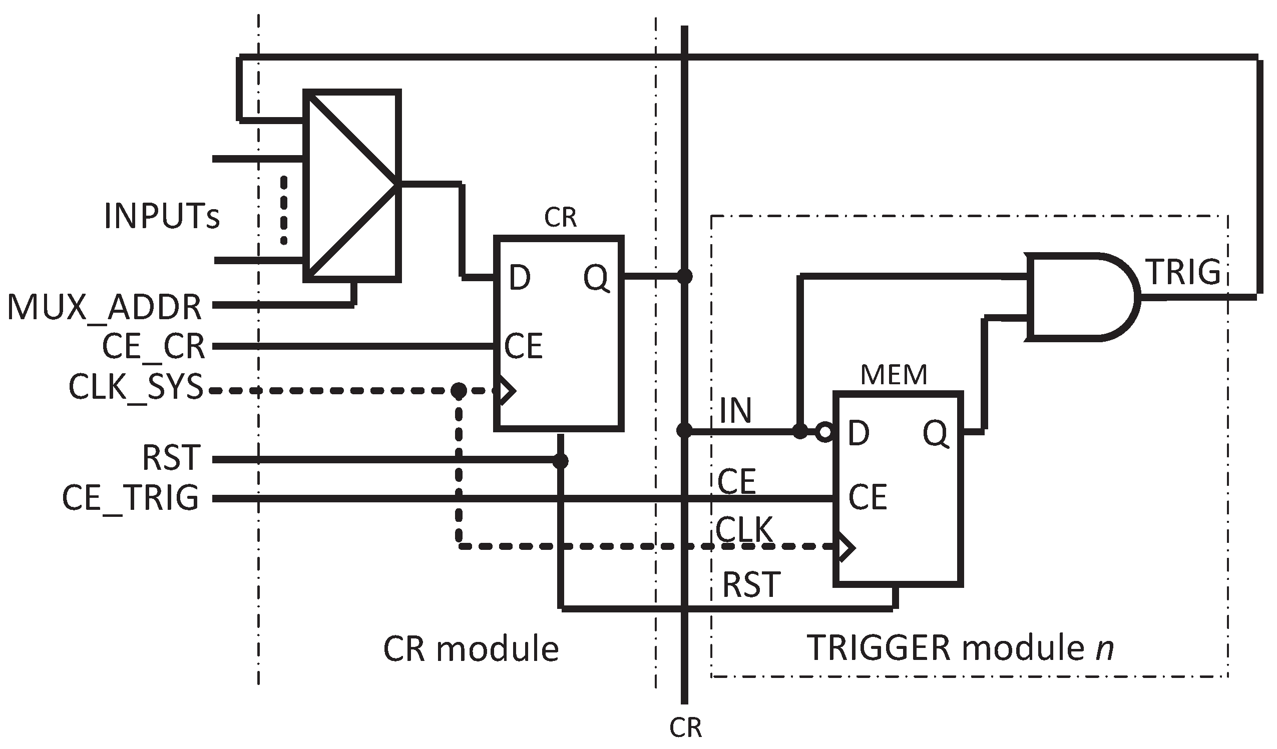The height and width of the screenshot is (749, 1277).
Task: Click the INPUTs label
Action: pyautogui.click(x=162, y=216)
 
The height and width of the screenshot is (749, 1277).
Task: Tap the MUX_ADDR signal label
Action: pyautogui.click(x=105, y=307)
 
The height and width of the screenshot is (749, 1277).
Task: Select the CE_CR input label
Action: pyautogui.click(x=153, y=347)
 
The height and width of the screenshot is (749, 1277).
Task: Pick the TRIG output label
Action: pyautogui.click(x=1184, y=273)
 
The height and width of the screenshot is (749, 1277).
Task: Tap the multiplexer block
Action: pyautogui.click(x=352, y=186)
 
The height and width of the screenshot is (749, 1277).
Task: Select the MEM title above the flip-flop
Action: pyautogui.click(x=894, y=375)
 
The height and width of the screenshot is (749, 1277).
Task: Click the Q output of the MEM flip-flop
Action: pyautogui.click(x=936, y=433)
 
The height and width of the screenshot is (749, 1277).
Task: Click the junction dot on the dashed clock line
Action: pyautogui.click(x=459, y=390)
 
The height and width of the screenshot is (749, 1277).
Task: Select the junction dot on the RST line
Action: pyautogui.click(x=560, y=461)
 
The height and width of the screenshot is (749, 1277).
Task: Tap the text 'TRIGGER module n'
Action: pyautogui.click(x=960, y=648)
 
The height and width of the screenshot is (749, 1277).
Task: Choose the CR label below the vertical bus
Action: pyautogui.click(x=685, y=727)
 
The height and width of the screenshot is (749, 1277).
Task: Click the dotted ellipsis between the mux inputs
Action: pyautogui.click(x=283, y=210)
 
